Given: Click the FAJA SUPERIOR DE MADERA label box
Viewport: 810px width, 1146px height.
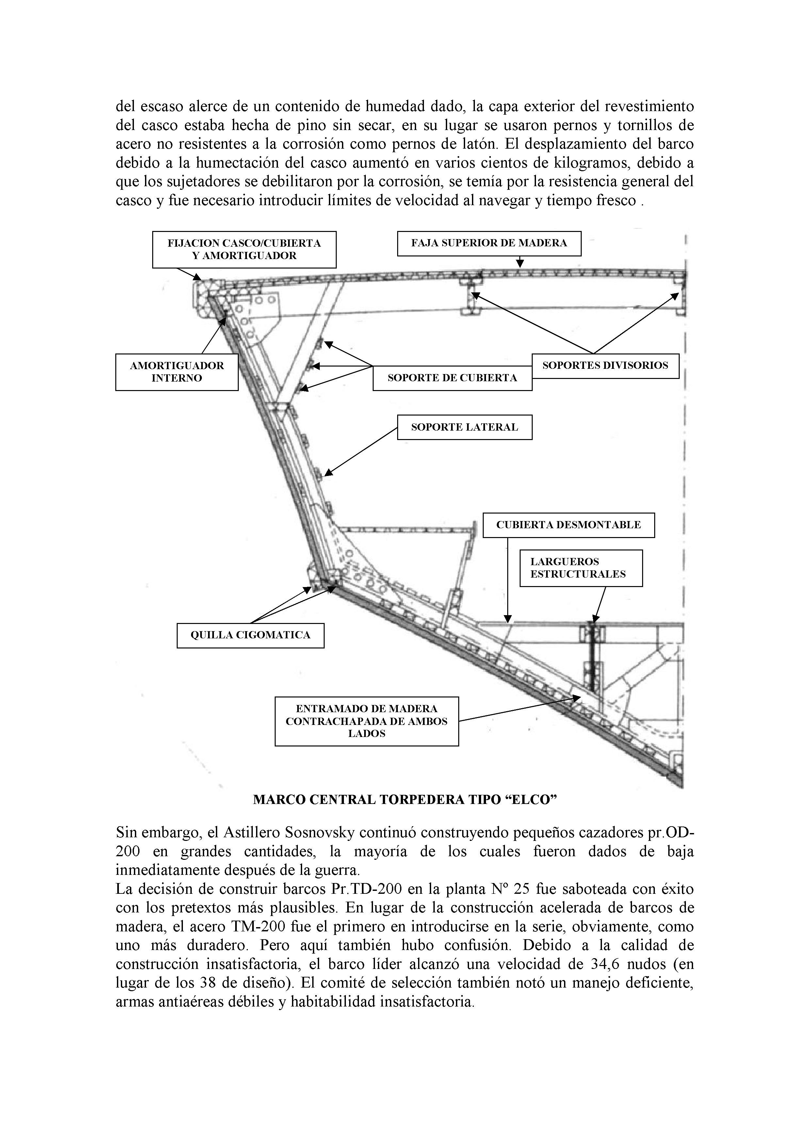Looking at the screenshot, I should (489, 244).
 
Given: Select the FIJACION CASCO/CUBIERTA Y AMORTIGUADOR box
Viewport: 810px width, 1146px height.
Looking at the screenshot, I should (244, 250).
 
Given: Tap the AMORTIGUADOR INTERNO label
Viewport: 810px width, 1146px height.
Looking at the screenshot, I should (177, 372).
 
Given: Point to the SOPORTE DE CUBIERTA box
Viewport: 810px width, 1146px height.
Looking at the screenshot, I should (452, 378).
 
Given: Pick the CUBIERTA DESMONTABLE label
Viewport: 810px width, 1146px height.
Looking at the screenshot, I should (568, 525).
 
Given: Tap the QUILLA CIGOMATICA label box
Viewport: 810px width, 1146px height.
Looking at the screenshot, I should (251, 635).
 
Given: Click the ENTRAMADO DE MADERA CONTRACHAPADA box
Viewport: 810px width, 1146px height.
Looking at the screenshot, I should (366, 721).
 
